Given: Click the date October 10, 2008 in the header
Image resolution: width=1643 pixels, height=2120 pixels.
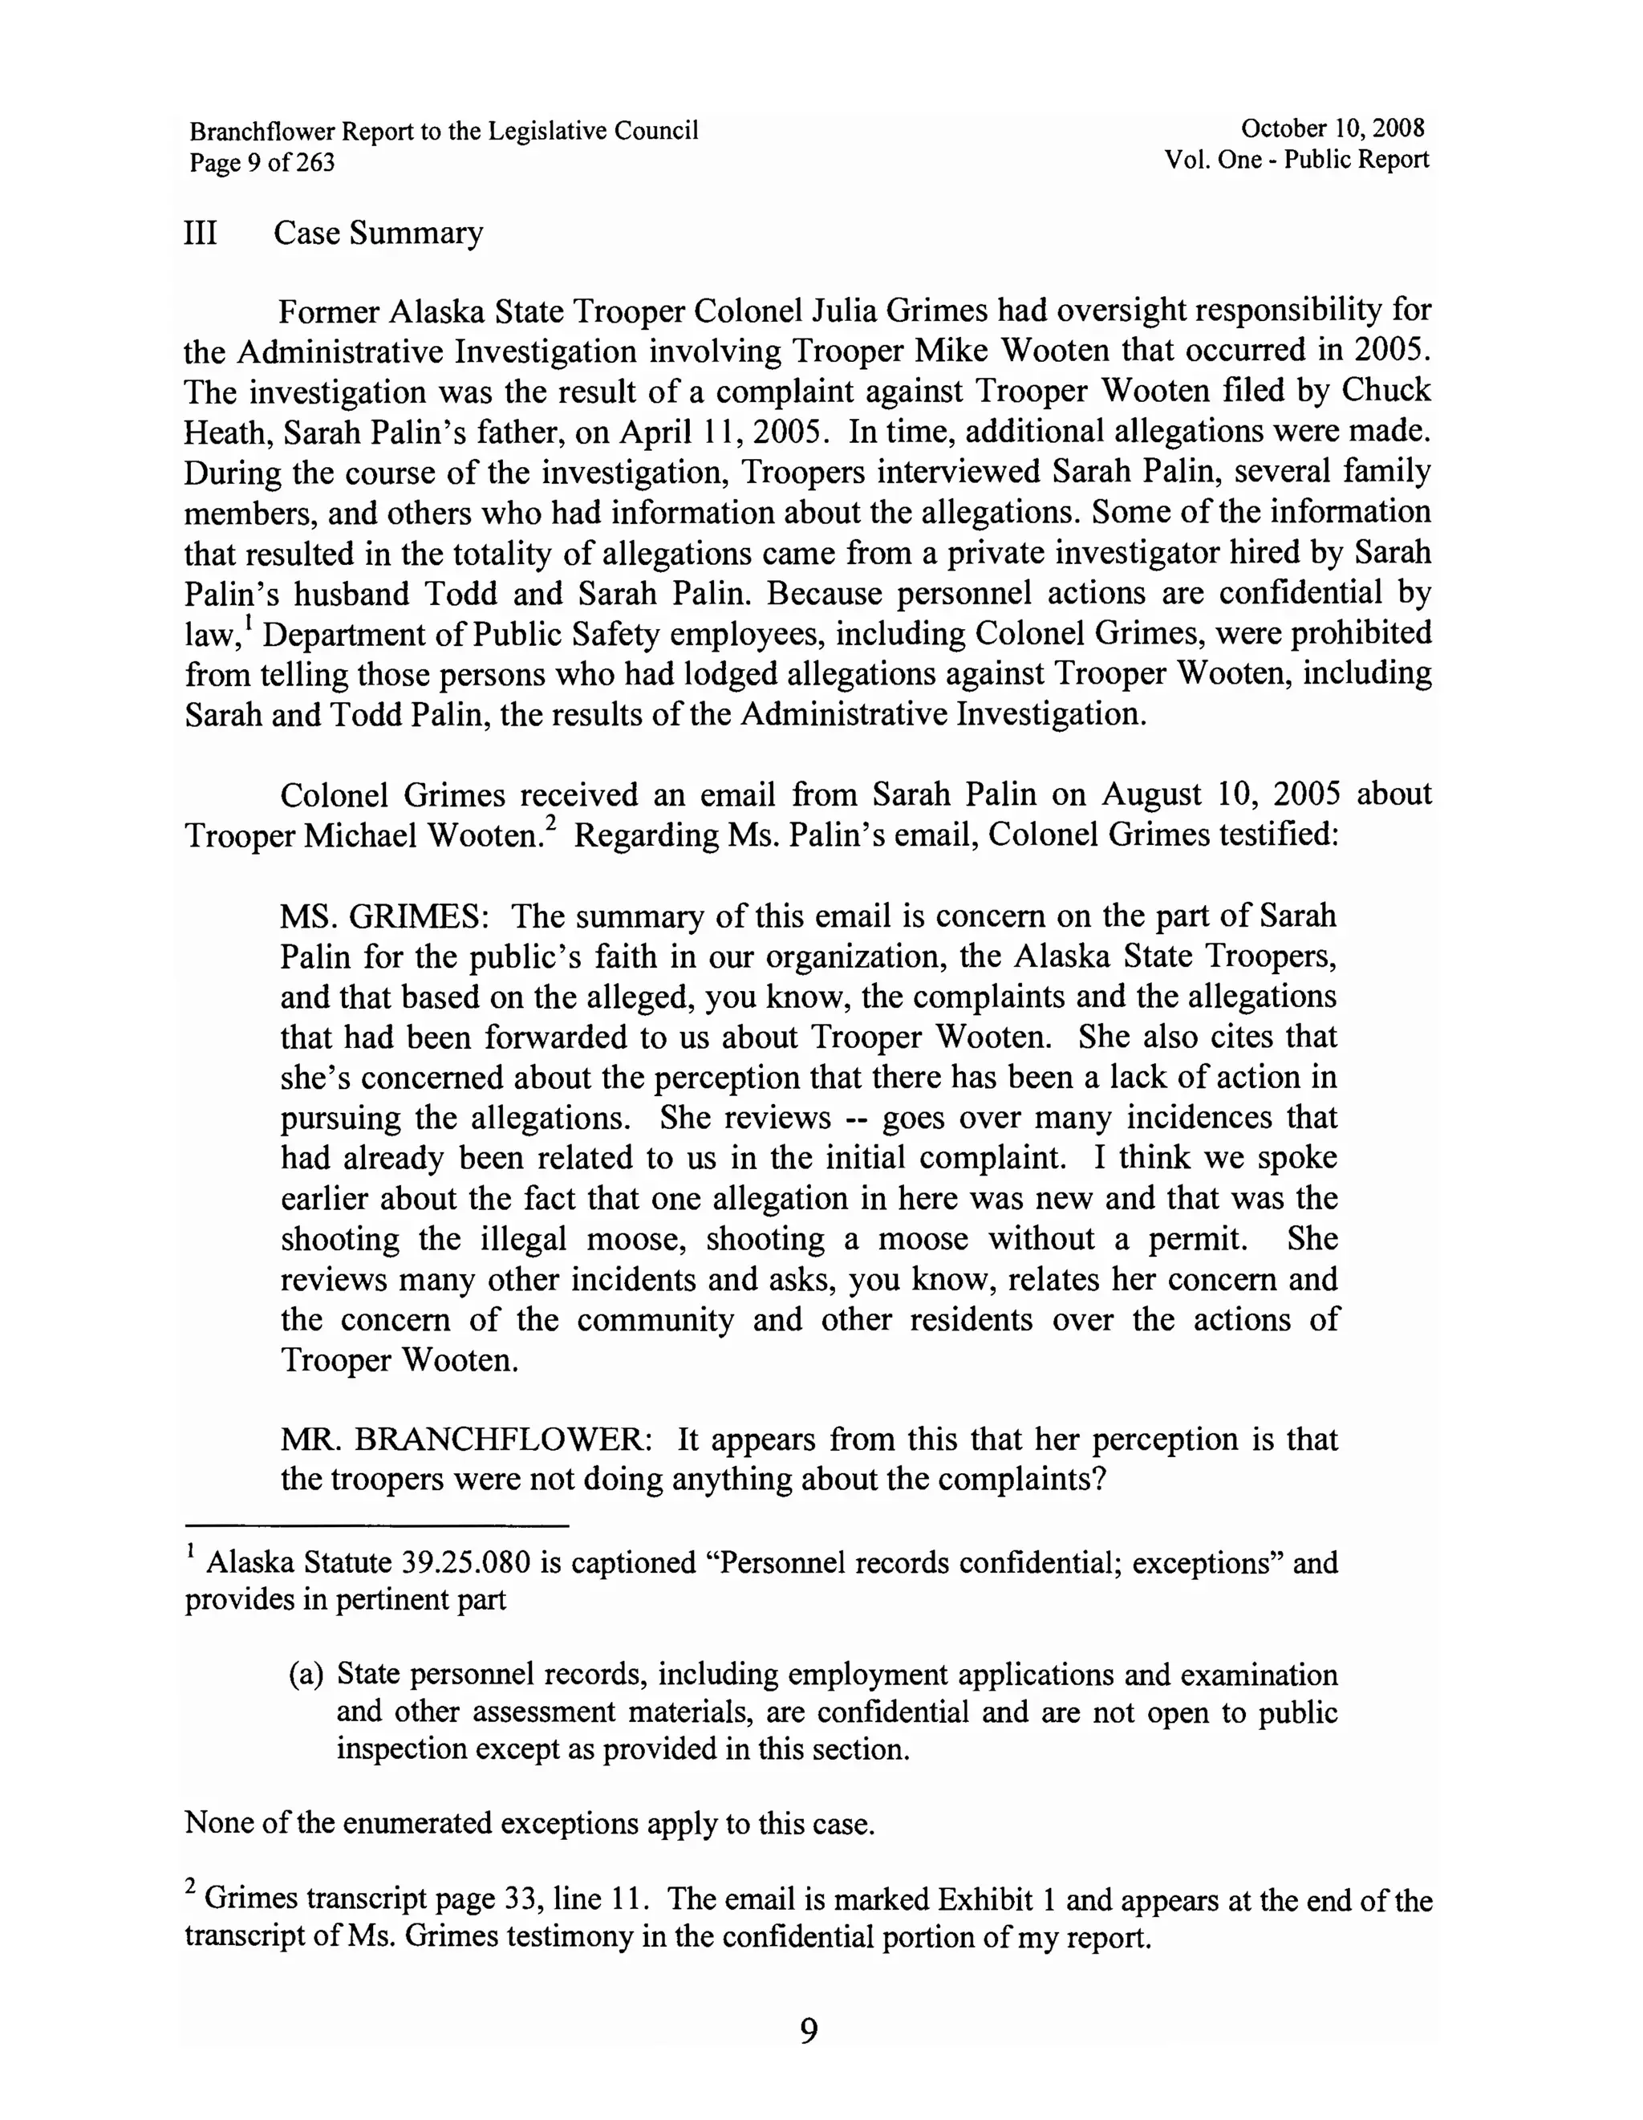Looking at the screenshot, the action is (x=1332, y=128).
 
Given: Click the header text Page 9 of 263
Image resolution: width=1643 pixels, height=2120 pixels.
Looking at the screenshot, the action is (x=262, y=162).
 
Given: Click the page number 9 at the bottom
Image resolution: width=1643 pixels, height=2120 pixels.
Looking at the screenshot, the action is (x=809, y=2031).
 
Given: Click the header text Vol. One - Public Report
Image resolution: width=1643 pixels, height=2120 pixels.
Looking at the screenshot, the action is (x=1296, y=160).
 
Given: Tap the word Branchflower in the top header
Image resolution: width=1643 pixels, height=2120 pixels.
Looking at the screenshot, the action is (x=262, y=131).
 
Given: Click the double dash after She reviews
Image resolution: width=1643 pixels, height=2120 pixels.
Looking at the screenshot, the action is (x=857, y=1119).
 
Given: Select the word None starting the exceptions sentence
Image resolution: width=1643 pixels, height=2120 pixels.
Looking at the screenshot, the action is (x=218, y=1823).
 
